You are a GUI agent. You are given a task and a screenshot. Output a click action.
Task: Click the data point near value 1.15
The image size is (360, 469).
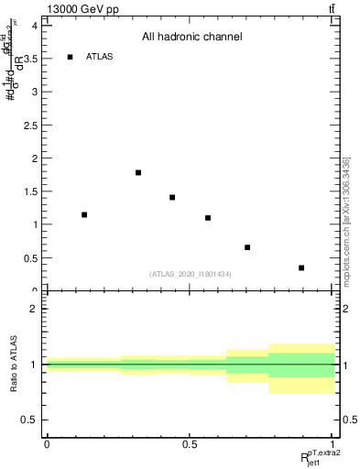84,214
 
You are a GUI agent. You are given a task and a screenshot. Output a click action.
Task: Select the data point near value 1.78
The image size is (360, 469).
138,172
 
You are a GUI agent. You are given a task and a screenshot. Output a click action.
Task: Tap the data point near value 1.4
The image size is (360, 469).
172,197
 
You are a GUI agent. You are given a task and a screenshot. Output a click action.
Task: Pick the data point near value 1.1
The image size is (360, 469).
208,218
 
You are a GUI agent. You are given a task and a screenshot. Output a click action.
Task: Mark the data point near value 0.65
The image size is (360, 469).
247,247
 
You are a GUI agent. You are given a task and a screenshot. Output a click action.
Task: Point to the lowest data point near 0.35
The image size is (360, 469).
301,267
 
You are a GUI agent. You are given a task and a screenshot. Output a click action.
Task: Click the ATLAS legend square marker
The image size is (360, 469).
70,57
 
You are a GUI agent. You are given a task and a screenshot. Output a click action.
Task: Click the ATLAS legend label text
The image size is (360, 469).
100,57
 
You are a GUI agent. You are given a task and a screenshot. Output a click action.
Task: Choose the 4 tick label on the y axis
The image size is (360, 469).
34,26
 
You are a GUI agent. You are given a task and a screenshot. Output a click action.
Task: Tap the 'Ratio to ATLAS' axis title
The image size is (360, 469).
12,365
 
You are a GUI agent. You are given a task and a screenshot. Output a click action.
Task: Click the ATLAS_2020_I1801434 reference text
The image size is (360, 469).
190,274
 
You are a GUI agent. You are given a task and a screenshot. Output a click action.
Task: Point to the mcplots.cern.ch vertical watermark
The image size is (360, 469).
346,220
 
